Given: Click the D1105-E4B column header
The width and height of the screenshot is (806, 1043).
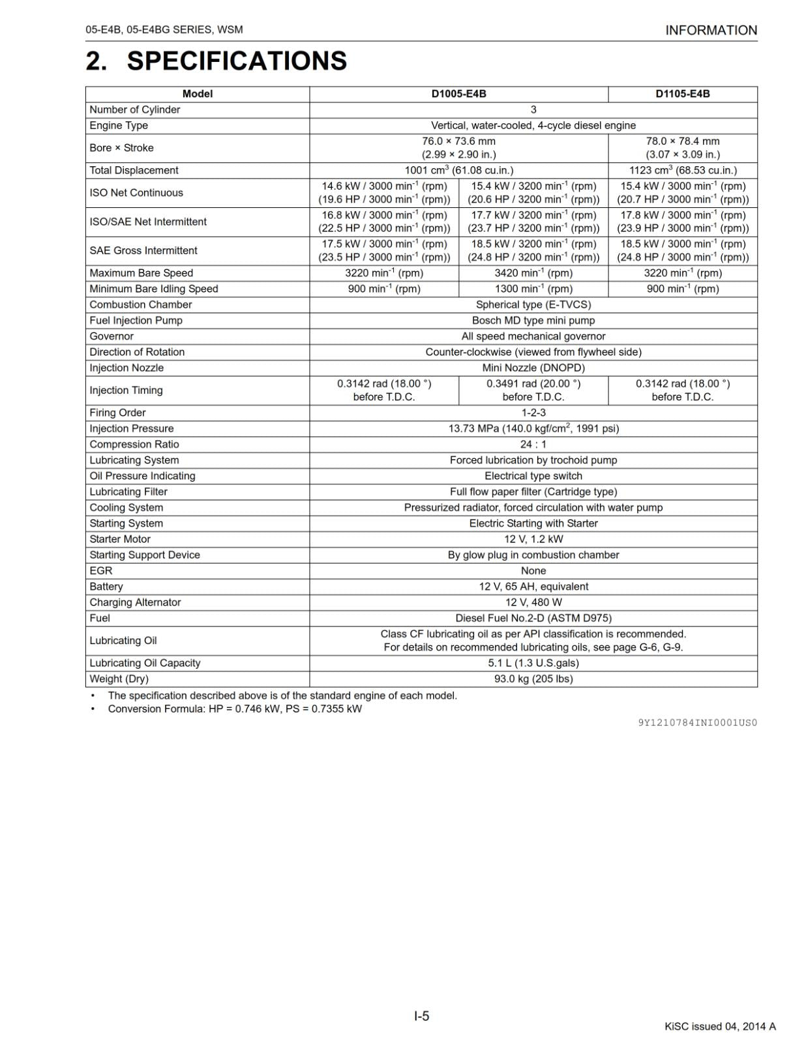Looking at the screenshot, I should [x=682, y=94].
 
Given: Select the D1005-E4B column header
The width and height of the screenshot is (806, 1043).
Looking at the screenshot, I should [x=458, y=94].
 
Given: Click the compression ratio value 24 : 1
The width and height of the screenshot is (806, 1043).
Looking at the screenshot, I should [x=533, y=445].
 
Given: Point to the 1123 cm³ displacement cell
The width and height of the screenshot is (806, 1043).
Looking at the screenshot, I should [x=682, y=170].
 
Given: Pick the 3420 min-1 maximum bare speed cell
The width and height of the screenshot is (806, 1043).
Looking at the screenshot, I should [x=533, y=273].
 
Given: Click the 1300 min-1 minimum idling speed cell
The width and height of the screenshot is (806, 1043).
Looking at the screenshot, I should [x=533, y=289].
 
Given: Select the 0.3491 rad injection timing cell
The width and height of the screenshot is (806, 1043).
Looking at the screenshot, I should [x=533, y=390].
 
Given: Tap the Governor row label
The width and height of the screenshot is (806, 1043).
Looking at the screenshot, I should [x=112, y=336].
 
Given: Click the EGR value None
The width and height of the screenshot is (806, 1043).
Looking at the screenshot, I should [x=533, y=571].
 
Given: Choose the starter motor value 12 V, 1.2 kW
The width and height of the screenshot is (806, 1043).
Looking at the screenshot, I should [x=533, y=539].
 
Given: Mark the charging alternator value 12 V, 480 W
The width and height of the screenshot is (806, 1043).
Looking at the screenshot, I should [x=533, y=602].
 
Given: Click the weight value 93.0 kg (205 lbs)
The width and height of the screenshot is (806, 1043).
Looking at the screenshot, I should [x=533, y=679].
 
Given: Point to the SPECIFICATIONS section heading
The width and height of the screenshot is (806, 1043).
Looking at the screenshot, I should [x=236, y=61].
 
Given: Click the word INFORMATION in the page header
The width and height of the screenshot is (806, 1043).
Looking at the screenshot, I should [x=711, y=30].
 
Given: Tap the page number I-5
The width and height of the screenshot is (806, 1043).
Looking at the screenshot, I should [x=421, y=1016].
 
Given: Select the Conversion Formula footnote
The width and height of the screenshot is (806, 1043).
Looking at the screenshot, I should [x=235, y=709].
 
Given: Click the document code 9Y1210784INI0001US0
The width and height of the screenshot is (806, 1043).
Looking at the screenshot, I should [x=697, y=722].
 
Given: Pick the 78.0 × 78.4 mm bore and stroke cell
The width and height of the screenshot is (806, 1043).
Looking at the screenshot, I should [x=682, y=148].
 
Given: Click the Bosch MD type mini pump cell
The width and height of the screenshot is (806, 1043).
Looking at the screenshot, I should [x=533, y=321].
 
